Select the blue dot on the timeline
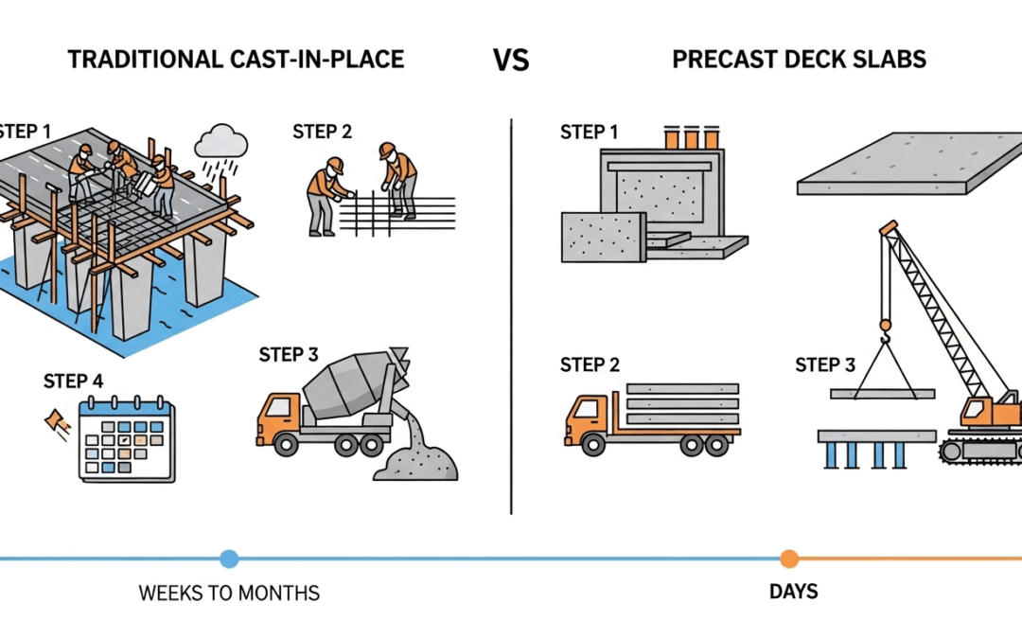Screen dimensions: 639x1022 [x=229, y=559]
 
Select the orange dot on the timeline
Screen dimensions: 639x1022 [x=789, y=559]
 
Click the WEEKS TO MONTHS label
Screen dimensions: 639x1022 [x=229, y=594]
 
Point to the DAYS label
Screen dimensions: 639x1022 [x=793, y=593]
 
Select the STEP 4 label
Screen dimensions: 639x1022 [x=73, y=382]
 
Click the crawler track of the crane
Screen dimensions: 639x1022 [x=979, y=449]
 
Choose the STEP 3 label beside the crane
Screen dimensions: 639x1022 [x=824, y=364]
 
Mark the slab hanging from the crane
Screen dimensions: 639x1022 [x=881, y=393]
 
